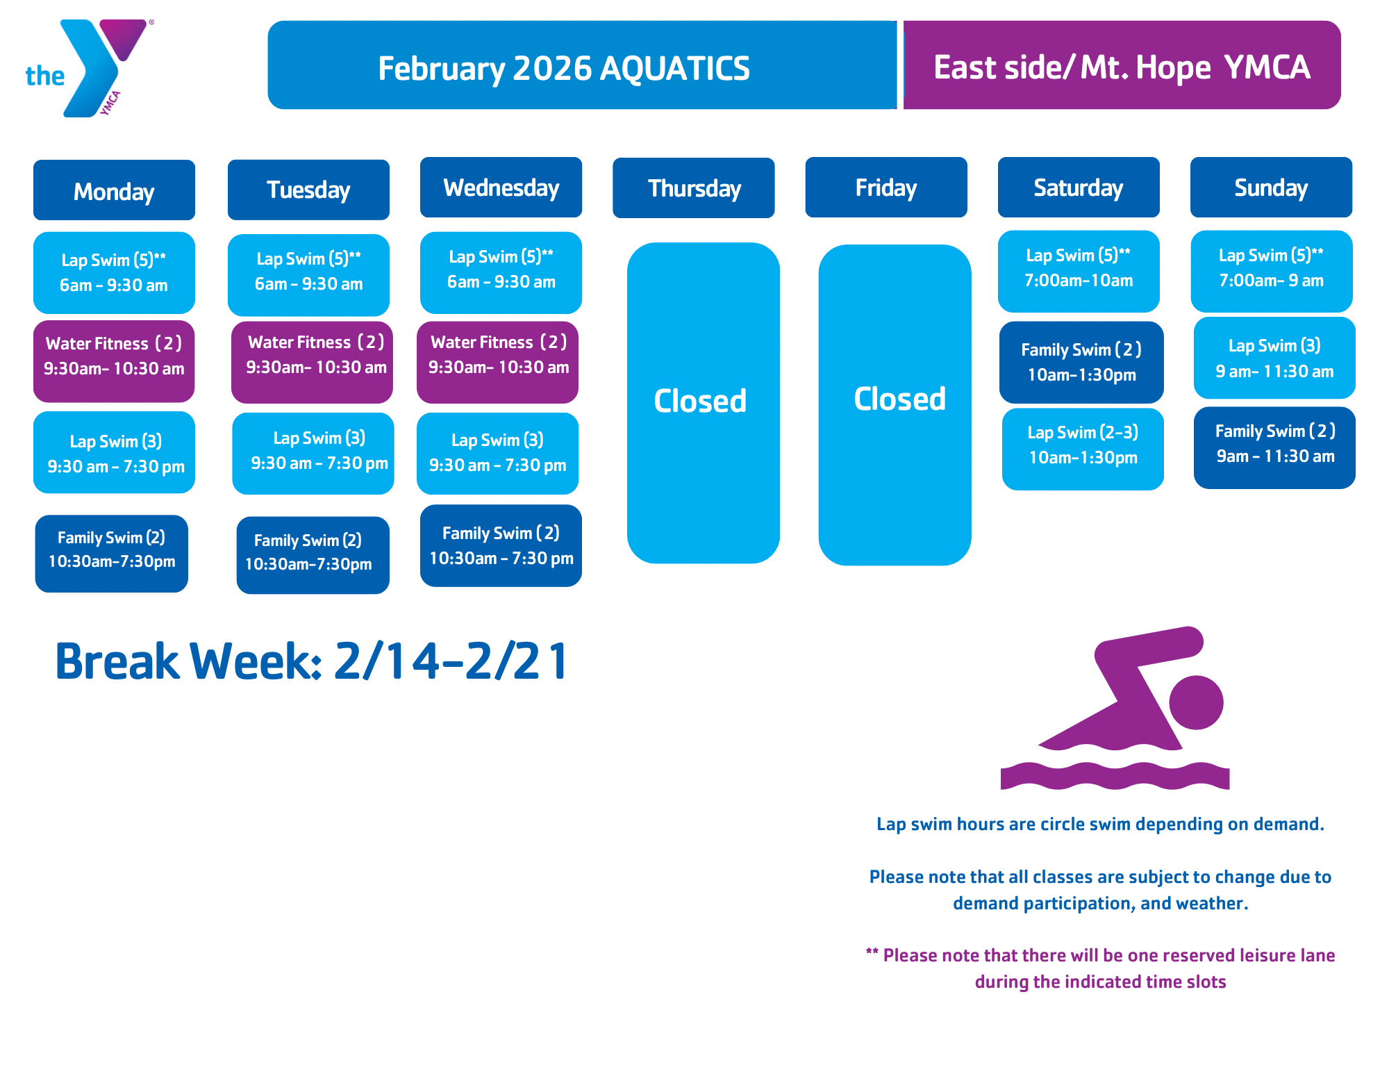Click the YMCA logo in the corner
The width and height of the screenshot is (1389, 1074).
89,68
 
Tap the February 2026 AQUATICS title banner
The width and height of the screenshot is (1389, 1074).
582,65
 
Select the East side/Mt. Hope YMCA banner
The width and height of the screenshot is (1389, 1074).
1122,65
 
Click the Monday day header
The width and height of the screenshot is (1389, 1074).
114,190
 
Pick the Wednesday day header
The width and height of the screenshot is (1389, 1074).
501,188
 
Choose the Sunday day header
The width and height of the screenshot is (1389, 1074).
1271,188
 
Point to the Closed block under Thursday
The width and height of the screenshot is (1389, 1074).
703,403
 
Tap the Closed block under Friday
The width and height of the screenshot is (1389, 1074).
895,405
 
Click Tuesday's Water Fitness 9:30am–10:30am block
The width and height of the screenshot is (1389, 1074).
312,362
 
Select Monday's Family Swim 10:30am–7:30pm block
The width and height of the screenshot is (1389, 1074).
112,554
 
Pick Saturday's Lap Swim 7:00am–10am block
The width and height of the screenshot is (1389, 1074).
1079,272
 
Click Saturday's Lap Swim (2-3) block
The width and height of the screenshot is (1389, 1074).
1083,449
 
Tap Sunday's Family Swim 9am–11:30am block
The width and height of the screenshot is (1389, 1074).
1274,448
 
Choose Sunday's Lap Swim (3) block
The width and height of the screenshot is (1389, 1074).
1274,358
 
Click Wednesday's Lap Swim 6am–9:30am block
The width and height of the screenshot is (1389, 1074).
501,273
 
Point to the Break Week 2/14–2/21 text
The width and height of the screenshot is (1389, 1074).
312,661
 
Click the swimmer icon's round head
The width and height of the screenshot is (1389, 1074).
1196,702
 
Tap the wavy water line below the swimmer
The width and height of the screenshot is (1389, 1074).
1115,775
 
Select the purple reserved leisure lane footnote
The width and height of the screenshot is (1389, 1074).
1100,968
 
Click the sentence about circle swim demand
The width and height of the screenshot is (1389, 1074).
1100,824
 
